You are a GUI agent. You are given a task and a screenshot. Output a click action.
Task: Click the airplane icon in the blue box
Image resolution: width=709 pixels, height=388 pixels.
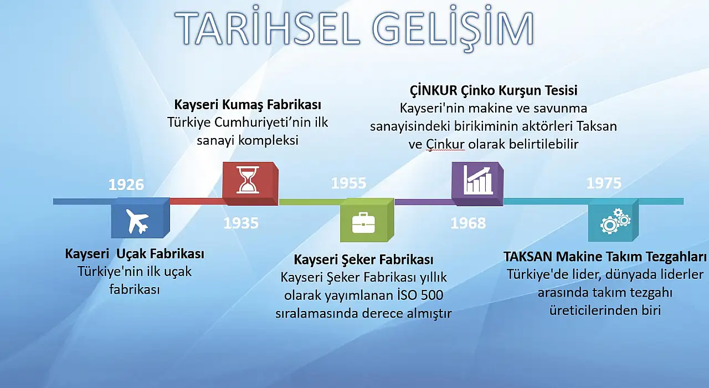pyautogui.click(x=137, y=222)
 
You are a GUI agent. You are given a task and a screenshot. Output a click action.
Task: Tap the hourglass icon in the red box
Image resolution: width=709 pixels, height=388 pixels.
pyautogui.click(x=247, y=180)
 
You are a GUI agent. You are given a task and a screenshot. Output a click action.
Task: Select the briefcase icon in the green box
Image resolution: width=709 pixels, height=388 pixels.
pyautogui.click(x=363, y=223)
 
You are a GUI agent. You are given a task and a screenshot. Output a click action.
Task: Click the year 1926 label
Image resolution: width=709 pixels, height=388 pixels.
pyautogui.click(x=126, y=185)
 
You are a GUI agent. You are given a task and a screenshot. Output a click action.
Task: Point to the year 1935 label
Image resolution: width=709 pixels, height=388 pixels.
pyautogui.click(x=241, y=223)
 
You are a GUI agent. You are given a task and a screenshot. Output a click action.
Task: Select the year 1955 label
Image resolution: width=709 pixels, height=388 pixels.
pyautogui.click(x=348, y=183)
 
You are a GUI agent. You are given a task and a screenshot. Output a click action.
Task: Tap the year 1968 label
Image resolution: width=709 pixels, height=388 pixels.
pyautogui.click(x=468, y=223)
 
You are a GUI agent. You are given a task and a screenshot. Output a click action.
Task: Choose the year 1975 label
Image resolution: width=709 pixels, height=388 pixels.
pyautogui.click(x=604, y=183)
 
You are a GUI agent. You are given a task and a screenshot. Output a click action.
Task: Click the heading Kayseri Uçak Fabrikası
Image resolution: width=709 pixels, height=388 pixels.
pyautogui.click(x=135, y=254)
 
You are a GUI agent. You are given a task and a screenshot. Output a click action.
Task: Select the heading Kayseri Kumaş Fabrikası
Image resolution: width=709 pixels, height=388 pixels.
pyautogui.click(x=248, y=105)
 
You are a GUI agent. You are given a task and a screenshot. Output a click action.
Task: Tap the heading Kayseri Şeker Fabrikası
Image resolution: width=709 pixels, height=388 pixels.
pyautogui.click(x=363, y=259)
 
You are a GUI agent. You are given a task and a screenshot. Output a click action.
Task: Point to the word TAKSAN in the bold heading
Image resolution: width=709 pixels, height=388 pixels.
pyautogui.click(x=528, y=257)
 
